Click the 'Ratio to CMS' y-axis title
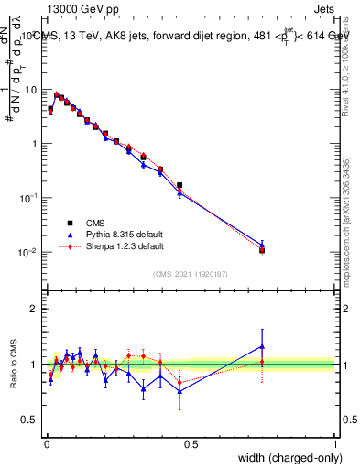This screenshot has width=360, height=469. pyautogui.click(x=13, y=364)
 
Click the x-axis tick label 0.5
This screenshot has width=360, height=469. pyautogui.click(x=191, y=443)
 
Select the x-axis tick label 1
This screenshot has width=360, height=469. pyautogui.click(x=335, y=443)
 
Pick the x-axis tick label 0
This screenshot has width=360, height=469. pyautogui.click(x=48, y=443)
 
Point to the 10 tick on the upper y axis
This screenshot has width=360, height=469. pyautogui.click(x=31, y=90)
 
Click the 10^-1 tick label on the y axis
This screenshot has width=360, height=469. pyautogui.click(x=28, y=197)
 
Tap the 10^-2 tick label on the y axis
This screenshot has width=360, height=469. pyautogui.click(x=28, y=251)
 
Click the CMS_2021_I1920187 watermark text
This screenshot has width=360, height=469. pyautogui.click(x=191, y=273)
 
